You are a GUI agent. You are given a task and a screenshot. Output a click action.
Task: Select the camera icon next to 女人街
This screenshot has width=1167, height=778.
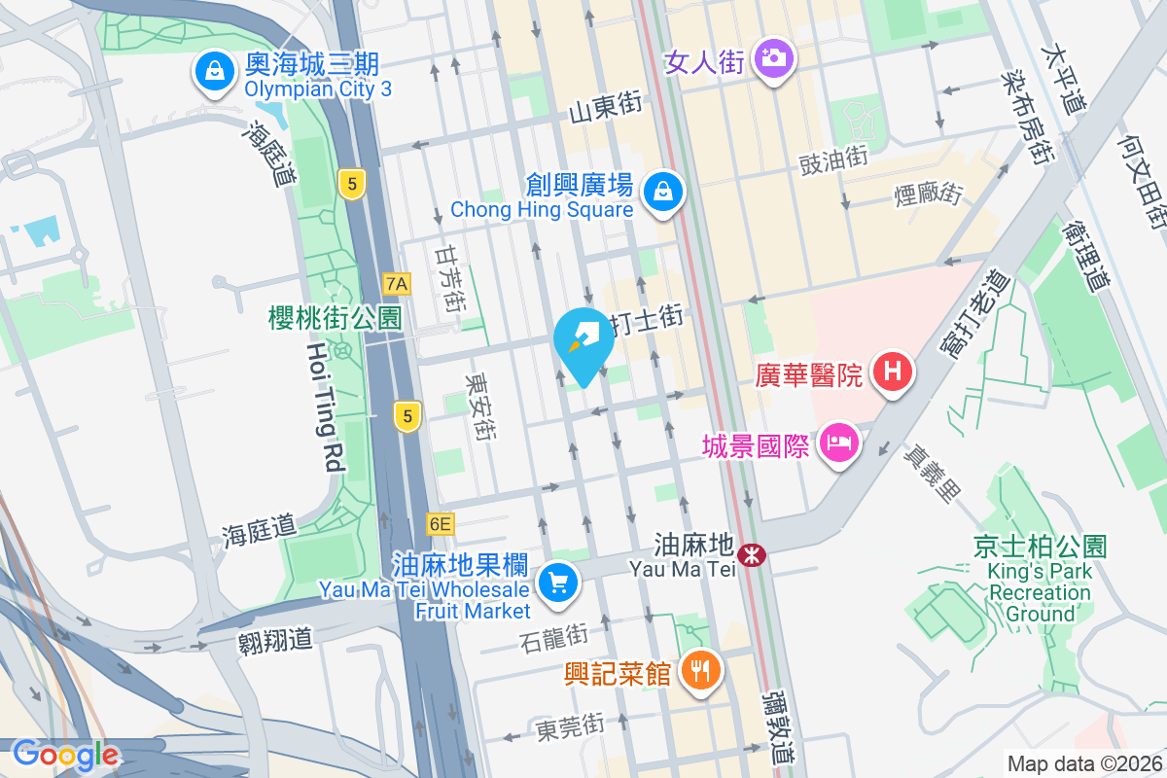[x=774, y=58]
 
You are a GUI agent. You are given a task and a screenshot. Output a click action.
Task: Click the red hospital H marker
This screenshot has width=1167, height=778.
[x=890, y=371]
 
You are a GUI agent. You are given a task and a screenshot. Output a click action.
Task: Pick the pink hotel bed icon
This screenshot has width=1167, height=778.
[x=837, y=444]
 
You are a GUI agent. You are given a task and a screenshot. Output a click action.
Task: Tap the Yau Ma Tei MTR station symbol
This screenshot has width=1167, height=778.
[x=751, y=555]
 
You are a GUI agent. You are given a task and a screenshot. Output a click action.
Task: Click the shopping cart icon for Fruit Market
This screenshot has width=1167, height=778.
[x=557, y=583]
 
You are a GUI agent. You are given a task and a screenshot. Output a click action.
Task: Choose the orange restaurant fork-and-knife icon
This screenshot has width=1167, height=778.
[x=699, y=670]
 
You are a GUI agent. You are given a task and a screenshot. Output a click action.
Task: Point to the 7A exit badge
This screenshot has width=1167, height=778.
[x=397, y=284]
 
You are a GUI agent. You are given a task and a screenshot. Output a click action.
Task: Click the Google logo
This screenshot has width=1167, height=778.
[x=65, y=755]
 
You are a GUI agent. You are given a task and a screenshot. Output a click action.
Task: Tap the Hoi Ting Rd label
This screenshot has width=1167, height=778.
[x=325, y=407]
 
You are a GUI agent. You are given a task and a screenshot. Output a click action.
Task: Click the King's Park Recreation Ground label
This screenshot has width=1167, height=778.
[x=1041, y=581]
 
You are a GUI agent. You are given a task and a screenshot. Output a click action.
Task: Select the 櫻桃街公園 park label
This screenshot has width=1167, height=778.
[x=336, y=317]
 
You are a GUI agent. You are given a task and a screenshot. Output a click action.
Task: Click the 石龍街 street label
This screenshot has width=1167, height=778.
[x=554, y=639]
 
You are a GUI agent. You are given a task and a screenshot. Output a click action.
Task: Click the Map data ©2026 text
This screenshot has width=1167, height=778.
[x=1083, y=763]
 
